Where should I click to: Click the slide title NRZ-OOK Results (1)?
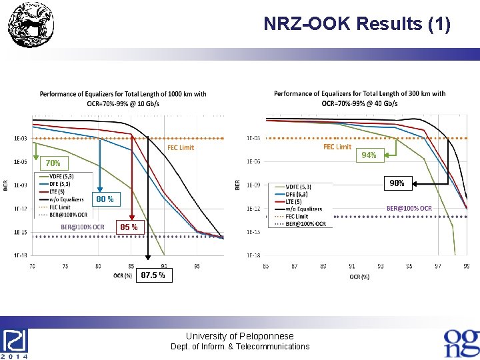pos(357,24)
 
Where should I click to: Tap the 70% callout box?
pos(53,163)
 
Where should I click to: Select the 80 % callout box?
pos(104,199)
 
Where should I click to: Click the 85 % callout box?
pos(129,228)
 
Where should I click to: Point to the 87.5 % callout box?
pos(153,275)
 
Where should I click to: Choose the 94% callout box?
pos(369,155)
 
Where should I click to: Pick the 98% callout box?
pos(397,183)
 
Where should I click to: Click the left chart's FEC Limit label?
pos(181,147)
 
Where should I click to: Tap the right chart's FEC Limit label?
pos(337,147)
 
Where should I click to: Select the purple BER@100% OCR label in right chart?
pos(409,208)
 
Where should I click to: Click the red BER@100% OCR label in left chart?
pos(83,227)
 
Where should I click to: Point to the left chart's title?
pos(123,99)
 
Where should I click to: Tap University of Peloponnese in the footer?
pos(239,336)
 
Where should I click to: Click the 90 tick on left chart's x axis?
pos(164,266)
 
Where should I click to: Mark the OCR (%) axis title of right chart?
pos(359,277)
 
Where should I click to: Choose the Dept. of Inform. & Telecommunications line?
pos(240,347)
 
